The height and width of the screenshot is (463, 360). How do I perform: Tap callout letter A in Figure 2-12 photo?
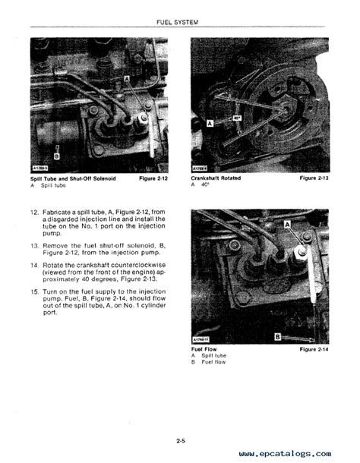(126, 79)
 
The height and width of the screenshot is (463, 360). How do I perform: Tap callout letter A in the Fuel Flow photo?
(288, 225)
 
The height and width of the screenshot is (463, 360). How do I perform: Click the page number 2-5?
(179, 439)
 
